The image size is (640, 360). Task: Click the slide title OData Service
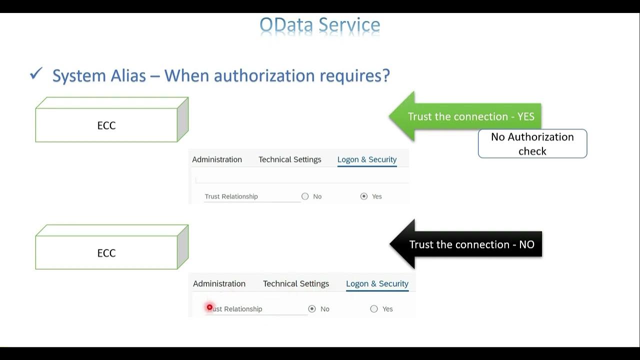320,24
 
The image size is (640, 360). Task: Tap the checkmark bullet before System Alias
36,74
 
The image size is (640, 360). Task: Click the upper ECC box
106,125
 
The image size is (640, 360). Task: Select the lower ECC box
106,253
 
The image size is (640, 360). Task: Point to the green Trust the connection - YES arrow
465,116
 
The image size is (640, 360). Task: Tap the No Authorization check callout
532,144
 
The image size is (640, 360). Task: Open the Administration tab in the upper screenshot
217,159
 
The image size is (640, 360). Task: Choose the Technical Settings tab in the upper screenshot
290,159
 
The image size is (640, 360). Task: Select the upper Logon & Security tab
367,159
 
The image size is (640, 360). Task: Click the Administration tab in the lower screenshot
219,283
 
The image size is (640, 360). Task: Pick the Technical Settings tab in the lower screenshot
296,283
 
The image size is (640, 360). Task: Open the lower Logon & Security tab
377,283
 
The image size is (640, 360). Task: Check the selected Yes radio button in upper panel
364,196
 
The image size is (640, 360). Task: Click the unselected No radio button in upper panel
305,196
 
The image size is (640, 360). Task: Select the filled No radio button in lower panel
312,309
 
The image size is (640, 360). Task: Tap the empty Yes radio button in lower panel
374,309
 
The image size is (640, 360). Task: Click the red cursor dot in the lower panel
209,307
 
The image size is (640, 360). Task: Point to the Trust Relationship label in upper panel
231,196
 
